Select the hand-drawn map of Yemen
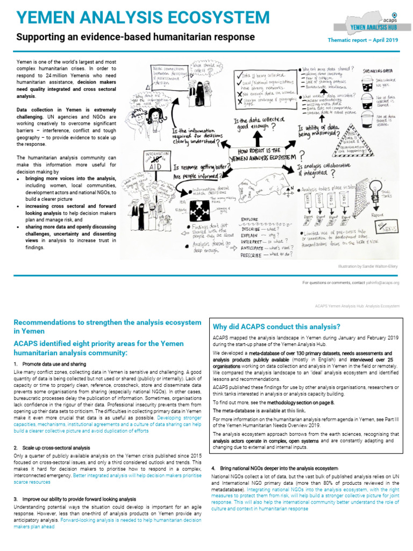pyautogui.click(x=267, y=192)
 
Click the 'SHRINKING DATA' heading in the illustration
pyautogui.click(x=379, y=70)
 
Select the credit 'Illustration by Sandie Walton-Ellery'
pyautogui.click(x=368, y=266)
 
